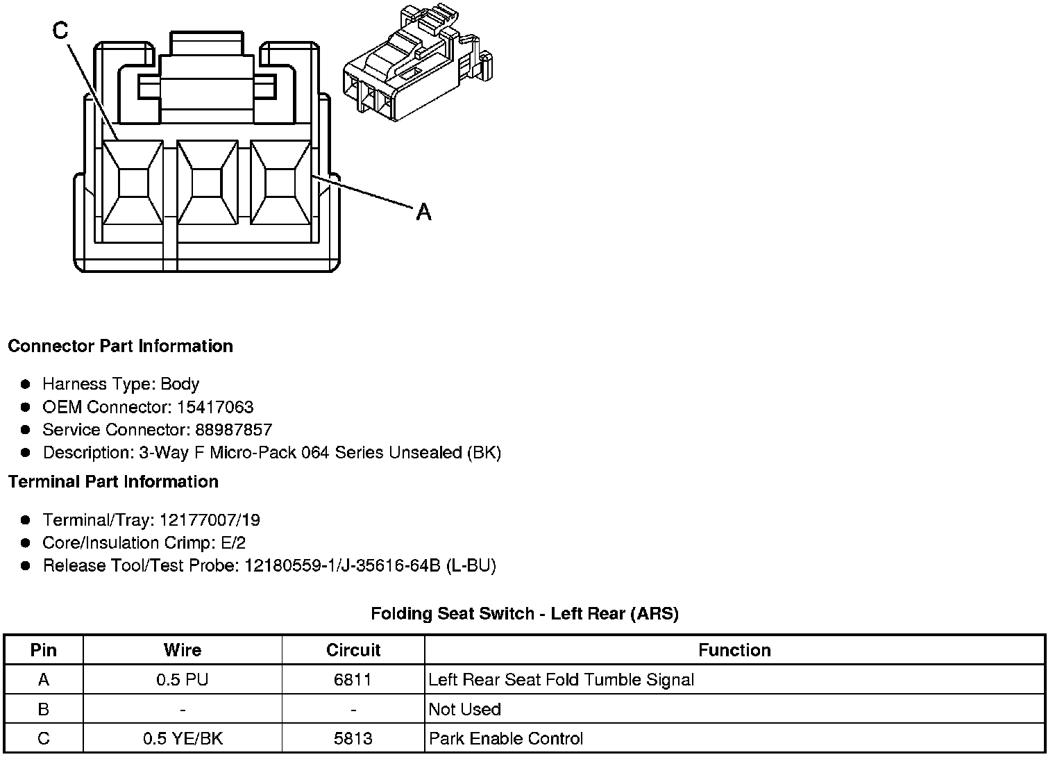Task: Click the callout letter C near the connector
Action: tap(61, 30)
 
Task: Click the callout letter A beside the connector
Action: tap(423, 211)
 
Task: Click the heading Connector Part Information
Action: tap(120, 346)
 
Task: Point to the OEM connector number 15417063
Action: tap(215, 407)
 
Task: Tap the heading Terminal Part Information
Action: tap(113, 481)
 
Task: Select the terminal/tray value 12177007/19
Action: tap(210, 520)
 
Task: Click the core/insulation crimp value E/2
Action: tap(232, 543)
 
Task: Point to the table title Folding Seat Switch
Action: tap(524, 613)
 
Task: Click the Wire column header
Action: tap(183, 650)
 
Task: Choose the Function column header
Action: tap(734, 650)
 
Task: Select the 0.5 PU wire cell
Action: tap(183, 680)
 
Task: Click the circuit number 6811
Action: tap(353, 680)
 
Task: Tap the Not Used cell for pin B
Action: tap(465, 709)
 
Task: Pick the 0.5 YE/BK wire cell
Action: tap(183, 738)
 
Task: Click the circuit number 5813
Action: tap(353, 738)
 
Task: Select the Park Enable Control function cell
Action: tap(506, 738)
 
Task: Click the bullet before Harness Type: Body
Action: tap(26, 384)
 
